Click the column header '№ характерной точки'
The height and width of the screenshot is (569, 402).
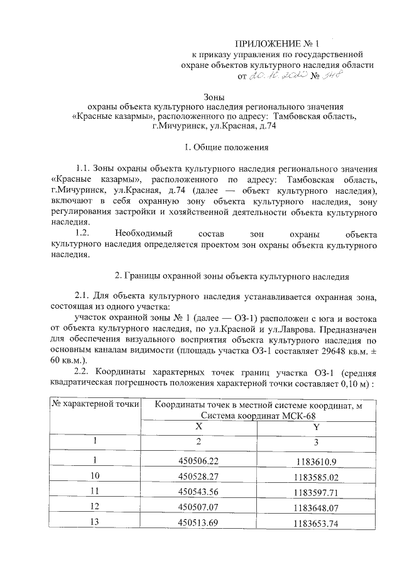[x=95, y=404]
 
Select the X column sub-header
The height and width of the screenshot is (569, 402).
[x=198, y=425]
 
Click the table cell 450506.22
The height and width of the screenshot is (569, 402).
[x=198, y=461]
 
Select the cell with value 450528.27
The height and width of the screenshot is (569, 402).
[x=198, y=475]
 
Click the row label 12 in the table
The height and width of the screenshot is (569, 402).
[x=95, y=505]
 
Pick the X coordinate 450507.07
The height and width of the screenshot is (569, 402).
[x=198, y=505]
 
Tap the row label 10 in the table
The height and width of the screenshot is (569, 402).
[x=95, y=475]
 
